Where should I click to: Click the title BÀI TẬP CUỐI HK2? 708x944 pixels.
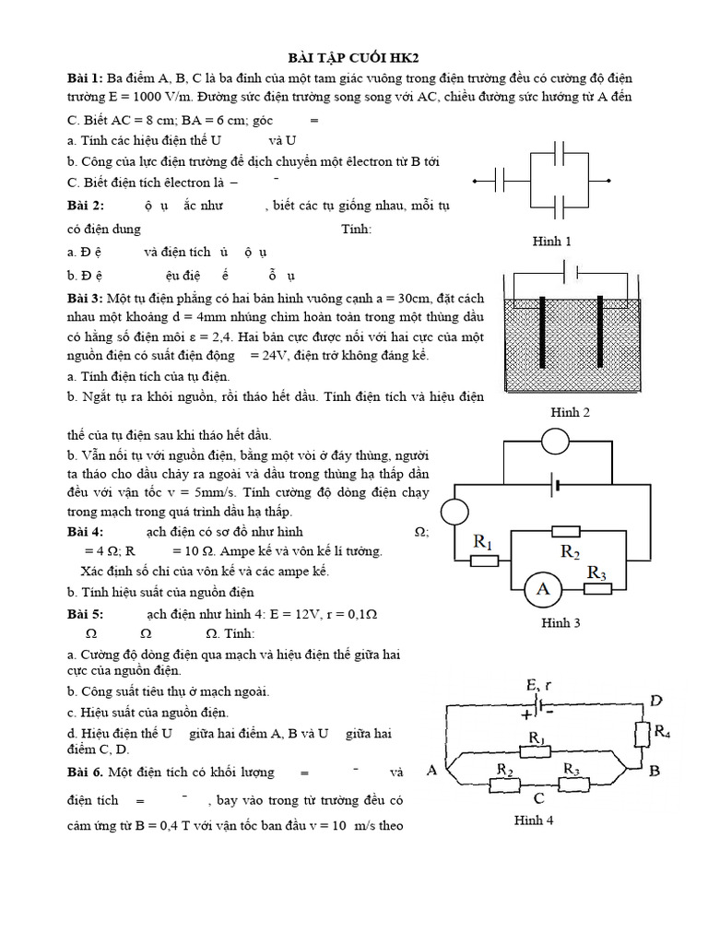[x=354, y=57]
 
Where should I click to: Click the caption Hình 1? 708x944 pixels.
[x=552, y=242]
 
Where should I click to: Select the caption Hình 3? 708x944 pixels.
[x=560, y=623]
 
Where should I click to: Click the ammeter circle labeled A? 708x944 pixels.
[x=543, y=589]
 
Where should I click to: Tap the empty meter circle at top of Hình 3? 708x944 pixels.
[x=555, y=442]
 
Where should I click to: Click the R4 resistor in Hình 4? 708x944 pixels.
[x=643, y=735]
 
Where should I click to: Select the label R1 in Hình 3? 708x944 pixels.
[x=482, y=543]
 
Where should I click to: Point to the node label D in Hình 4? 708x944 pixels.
[x=655, y=702]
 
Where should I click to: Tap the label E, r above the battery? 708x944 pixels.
[x=539, y=685]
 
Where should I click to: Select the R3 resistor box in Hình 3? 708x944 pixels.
[x=596, y=587]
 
